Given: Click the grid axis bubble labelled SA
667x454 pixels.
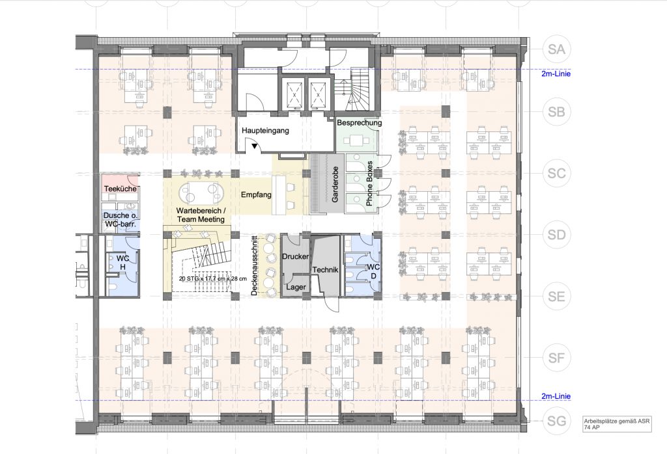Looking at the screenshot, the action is [556, 49].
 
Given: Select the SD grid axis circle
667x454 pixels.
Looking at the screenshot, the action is [556, 234].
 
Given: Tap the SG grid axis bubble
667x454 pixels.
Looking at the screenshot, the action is [556, 421].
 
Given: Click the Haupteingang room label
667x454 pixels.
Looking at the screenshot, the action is [266, 130].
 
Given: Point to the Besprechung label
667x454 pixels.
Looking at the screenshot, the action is [360, 123].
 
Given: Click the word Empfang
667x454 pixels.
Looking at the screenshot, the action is [256, 195].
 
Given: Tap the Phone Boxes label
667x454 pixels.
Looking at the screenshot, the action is [369, 183].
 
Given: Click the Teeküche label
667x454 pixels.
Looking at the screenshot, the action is [121, 188].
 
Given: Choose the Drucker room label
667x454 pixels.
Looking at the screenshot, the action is [295, 256].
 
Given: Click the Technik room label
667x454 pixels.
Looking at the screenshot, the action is [325, 270].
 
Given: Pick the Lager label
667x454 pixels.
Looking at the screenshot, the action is [296, 287].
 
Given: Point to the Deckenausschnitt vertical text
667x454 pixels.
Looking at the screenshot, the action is [255, 266].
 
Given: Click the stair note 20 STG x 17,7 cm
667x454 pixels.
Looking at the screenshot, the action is [213, 278].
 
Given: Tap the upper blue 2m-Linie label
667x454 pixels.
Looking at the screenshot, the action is [556, 74].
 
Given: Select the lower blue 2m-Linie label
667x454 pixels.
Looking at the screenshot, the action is [556, 396].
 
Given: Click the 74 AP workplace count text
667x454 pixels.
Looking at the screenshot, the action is [591, 427].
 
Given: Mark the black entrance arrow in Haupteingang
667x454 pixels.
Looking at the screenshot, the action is [255, 146].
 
